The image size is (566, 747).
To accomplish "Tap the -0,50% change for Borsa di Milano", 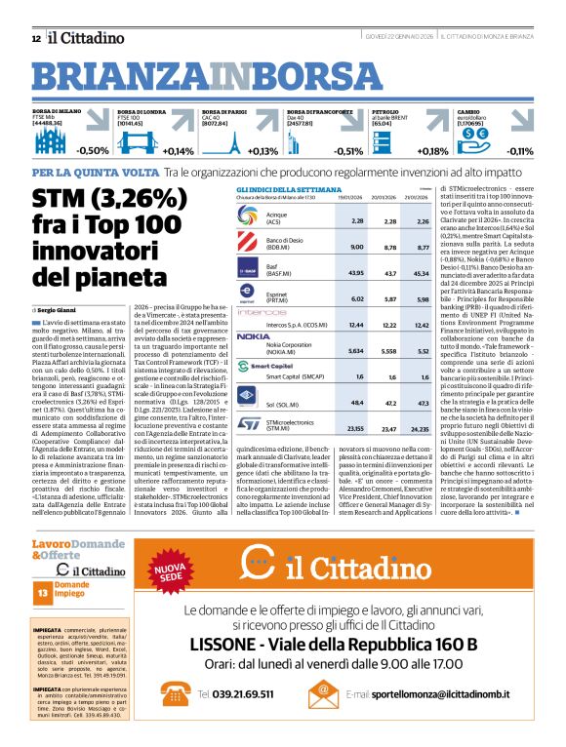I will [x=93, y=150].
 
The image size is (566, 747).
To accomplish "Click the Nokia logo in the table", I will [x=253, y=335].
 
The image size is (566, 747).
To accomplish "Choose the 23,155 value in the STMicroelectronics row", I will [x=356, y=427].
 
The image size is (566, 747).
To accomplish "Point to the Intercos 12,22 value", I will [x=389, y=323].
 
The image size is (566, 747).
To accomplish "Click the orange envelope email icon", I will [x=323, y=693].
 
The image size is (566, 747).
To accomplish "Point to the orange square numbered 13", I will [x=43, y=620].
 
